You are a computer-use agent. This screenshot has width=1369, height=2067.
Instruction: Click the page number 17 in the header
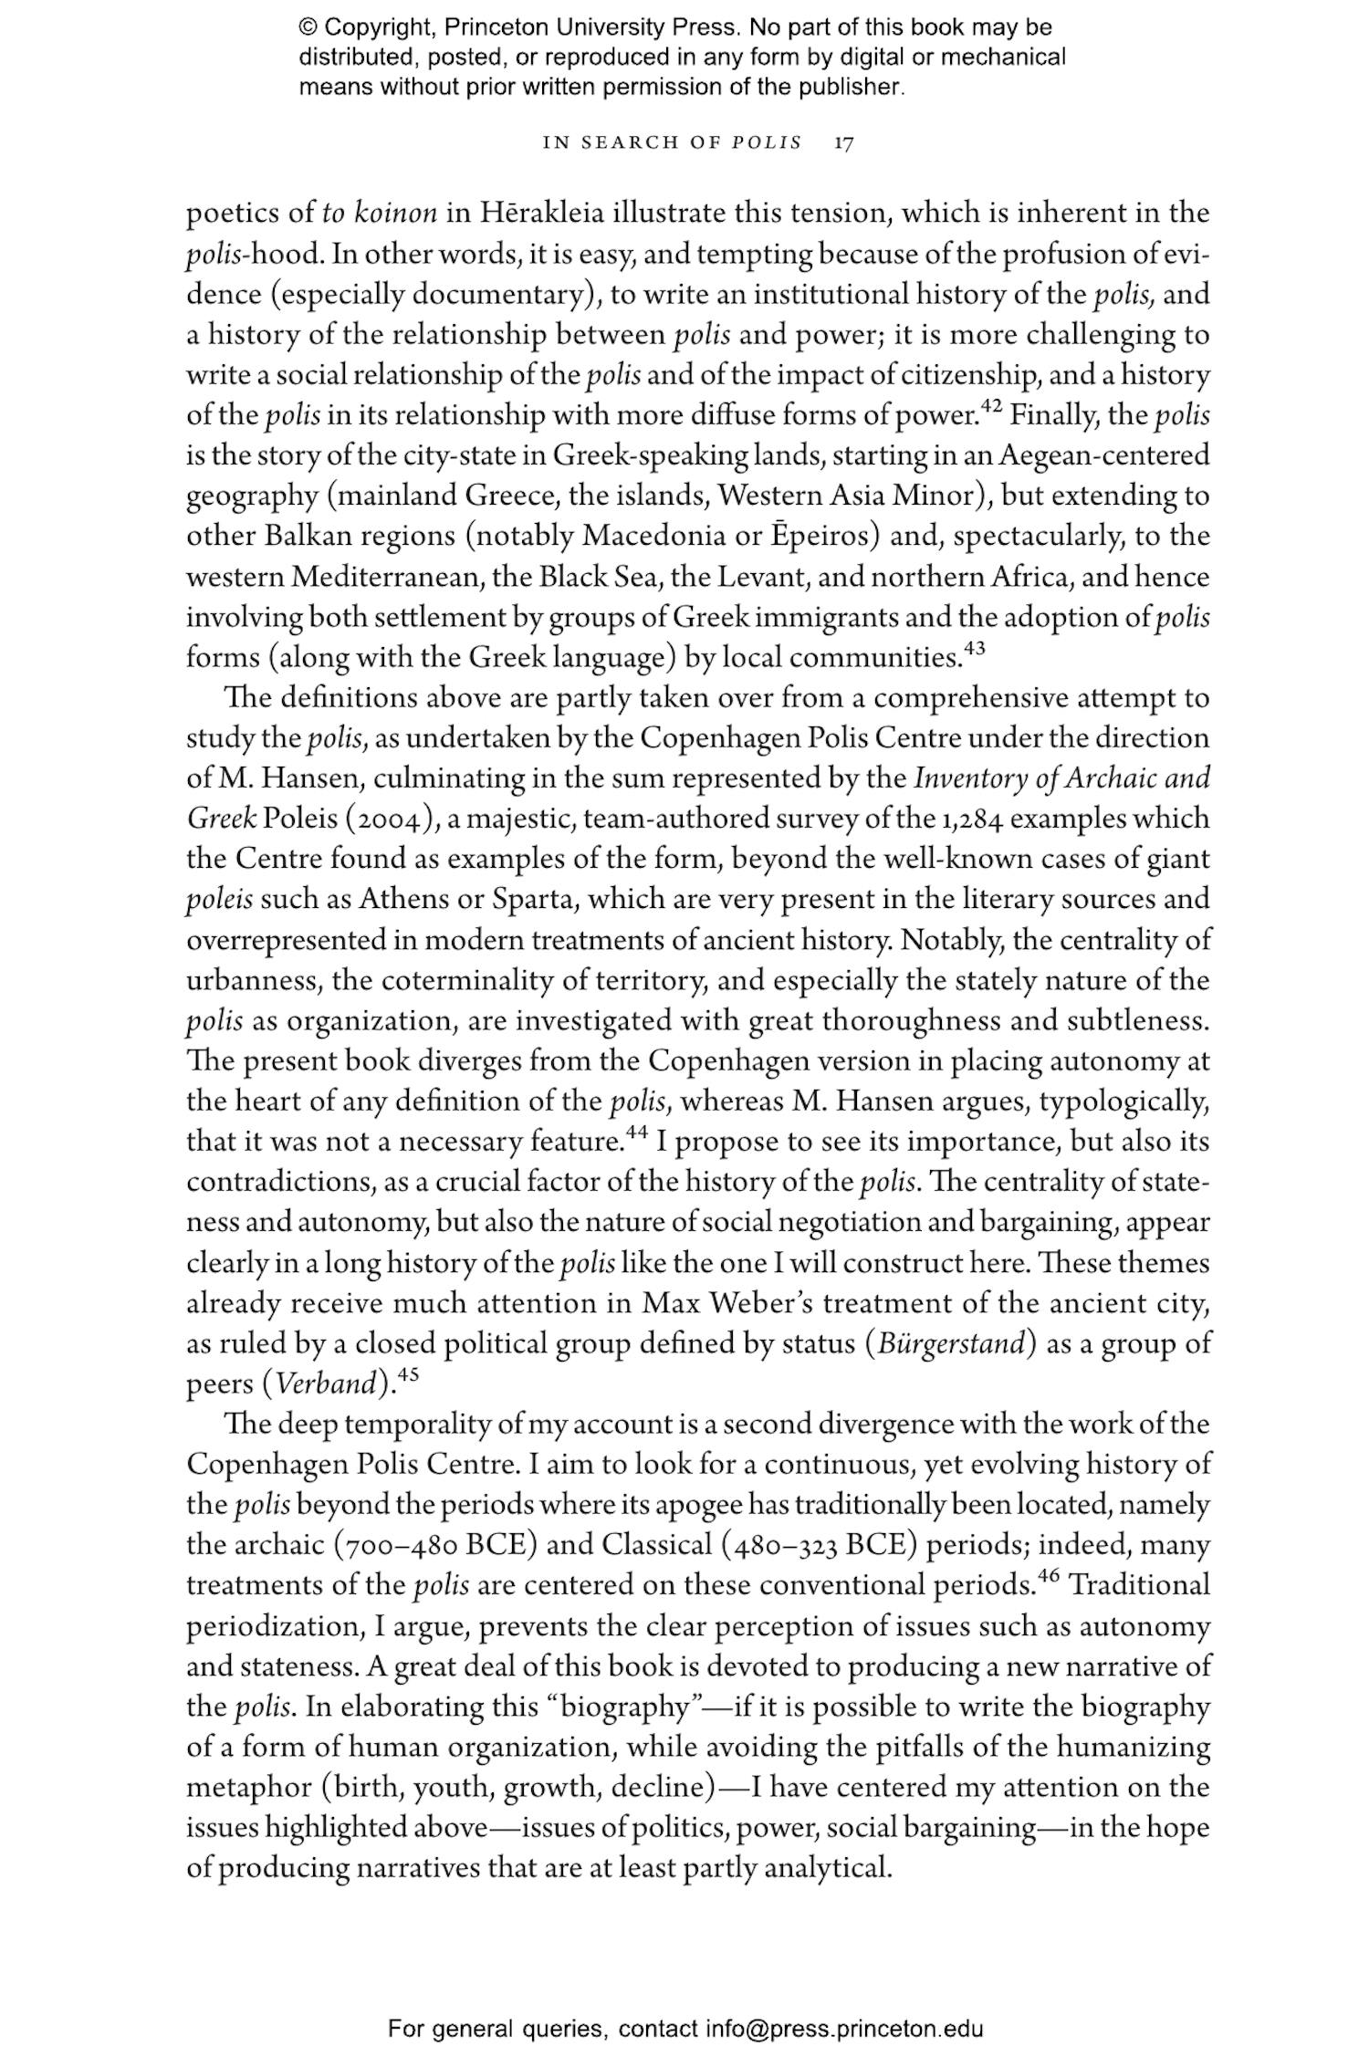coord(844,143)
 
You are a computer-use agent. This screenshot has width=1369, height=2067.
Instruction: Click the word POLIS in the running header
coord(768,143)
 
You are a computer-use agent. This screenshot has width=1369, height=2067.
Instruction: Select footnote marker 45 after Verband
coord(408,1376)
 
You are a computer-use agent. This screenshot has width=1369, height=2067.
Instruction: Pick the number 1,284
coord(971,819)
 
